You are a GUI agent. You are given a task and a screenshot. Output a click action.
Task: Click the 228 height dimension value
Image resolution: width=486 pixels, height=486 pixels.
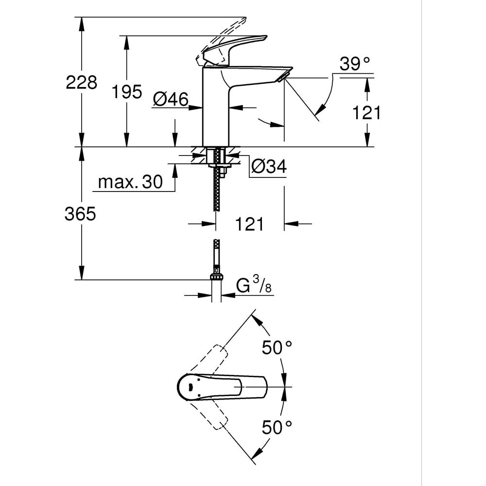coord(82,82)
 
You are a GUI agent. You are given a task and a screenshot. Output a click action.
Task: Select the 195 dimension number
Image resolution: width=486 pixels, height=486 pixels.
coord(127,91)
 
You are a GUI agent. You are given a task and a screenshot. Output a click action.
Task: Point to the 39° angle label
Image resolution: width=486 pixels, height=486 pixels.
coord(355,64)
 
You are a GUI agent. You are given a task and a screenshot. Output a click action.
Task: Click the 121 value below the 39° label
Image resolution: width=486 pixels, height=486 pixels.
coord(367,113)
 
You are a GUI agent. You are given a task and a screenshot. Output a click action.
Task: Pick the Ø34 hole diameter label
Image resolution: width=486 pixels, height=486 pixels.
coord(269,166)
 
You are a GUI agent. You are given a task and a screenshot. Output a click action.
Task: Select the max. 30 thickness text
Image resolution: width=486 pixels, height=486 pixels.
coord(130,182)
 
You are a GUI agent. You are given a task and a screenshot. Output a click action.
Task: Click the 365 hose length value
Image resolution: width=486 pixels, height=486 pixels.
coord(81,214)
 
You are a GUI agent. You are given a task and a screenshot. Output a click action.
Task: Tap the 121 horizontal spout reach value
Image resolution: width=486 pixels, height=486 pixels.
coord(250,224)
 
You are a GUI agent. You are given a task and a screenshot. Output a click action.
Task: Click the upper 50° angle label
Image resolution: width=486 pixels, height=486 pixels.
coord(277,347)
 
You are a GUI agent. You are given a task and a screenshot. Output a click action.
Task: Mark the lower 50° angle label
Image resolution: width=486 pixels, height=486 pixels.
coord(277,427)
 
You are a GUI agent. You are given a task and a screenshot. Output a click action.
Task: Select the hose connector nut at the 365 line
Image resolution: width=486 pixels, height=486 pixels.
coord(216,277)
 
